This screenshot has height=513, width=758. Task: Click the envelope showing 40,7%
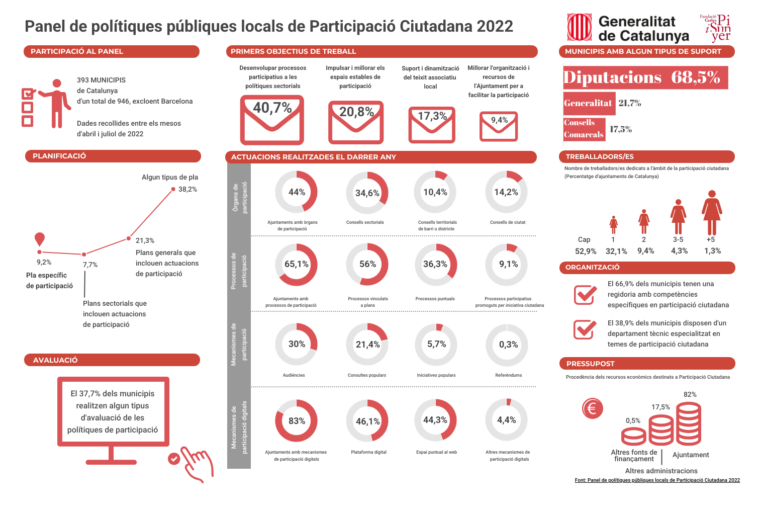tap(272, 120)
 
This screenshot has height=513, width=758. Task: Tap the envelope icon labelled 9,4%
tap(499, 126)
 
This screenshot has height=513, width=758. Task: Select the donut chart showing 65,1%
tap(297, 265)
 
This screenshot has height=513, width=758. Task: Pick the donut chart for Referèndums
tap(507, 345)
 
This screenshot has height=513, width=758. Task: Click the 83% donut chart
tap(297, 421)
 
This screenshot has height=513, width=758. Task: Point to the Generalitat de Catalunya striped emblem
tap(580, 27)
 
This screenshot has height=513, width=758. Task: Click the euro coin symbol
tap(592, 408)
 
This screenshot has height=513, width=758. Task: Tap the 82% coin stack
tap(689, 423)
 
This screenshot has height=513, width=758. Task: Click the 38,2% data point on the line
tap(173, 189)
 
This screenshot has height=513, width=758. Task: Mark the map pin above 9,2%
tap(40, 239)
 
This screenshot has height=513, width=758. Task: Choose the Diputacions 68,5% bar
tap(645, 77)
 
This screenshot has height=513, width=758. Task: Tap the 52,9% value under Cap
tap(586, 251)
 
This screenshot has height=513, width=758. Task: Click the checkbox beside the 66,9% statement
tap(585, 295)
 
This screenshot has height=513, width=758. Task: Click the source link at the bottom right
tap(657, 480)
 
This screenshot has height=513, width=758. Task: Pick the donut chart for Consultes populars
tap(367, 345)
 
